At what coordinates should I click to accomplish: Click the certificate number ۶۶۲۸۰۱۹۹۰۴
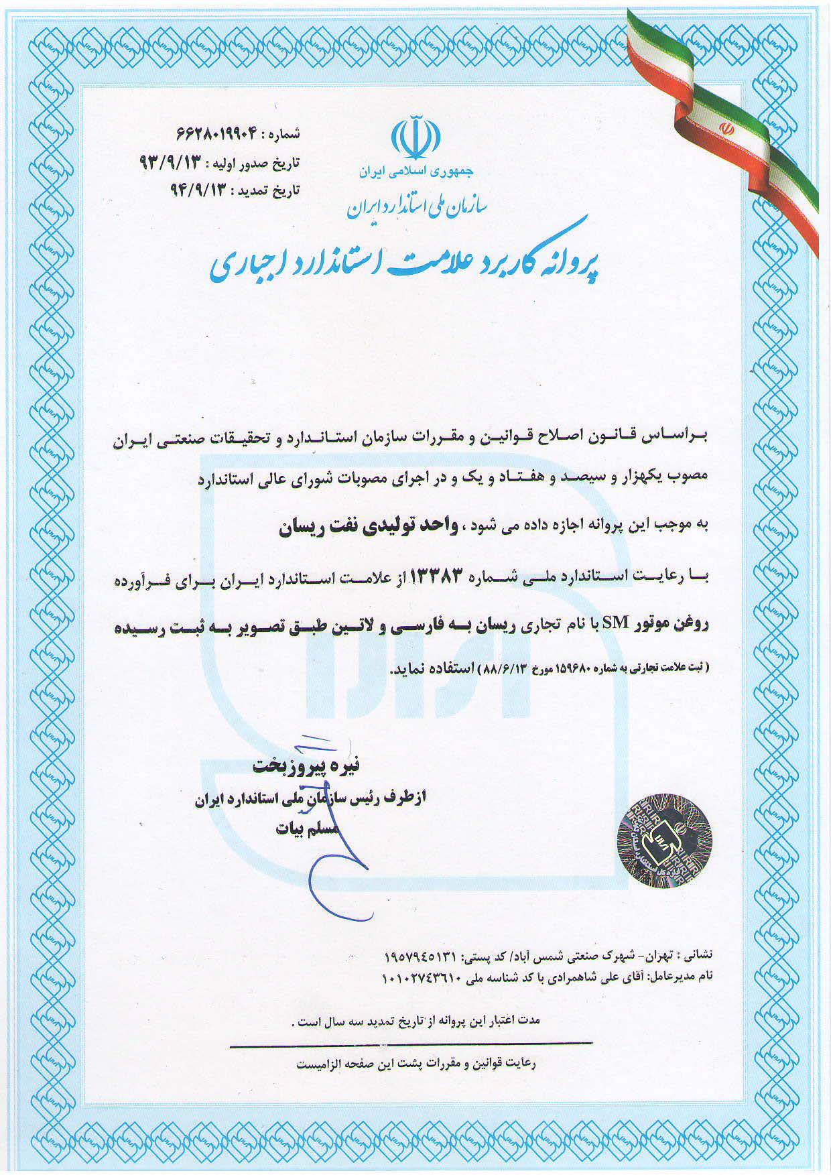click(x=218, y=134)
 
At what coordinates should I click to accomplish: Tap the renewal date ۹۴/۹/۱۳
click(x=200, y=190)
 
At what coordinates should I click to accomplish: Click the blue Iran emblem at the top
click(x=415, y=138)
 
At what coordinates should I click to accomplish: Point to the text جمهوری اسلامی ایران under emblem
click(x=415, y=172)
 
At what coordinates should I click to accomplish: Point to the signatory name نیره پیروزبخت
click(x=306, y=765)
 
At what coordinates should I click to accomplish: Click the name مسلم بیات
click(x=308, y=829)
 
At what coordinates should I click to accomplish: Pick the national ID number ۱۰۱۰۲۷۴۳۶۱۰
click(x=420, y=977)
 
